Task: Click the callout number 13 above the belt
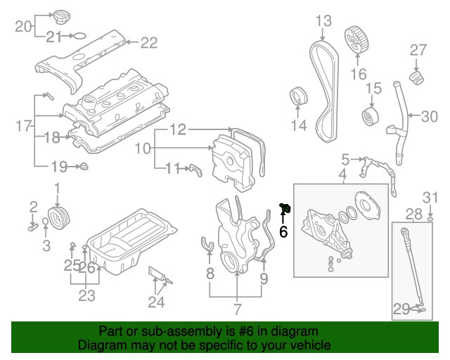tap(323, 21)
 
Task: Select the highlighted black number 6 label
tap(284, 231)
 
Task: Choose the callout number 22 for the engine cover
tap(149, 43)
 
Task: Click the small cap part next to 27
tap(417, 75)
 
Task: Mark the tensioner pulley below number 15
tap(368, 117)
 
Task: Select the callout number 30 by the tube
tap(429, 116)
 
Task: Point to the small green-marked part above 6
tap(286, 207)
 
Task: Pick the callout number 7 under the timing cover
tap(237, 309)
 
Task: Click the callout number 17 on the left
tap(24, 126)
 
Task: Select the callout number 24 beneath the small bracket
tap(156, 302)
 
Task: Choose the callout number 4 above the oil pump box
tap(342, 174)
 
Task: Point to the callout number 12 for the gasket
tap(178, 129)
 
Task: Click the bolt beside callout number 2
tap(32, 226)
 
